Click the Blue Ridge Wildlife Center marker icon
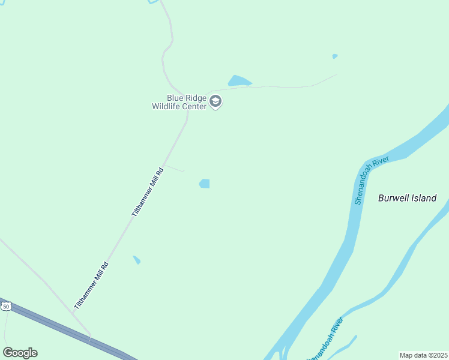click(x=216, y=102)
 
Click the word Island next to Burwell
click(x=424, y=198)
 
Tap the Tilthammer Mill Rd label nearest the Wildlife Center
click(x=147, y=192)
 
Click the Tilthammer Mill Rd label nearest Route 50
click(x=91, y=286)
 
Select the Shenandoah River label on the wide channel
click(x=372, y=180)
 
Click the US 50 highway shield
click(x=6, y=307)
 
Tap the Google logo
click(x=20, y=353)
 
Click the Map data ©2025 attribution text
click(x=423, y=355)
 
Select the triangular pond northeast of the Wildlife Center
click(x=238, y=81)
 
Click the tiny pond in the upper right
click(x=335, y=56)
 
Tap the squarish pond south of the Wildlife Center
click(x=205, y=184)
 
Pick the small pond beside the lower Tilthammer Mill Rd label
click(x=137, y=260)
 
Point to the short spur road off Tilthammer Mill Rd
click(x=174, y=169)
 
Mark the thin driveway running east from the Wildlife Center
click(x=282, y=86)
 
